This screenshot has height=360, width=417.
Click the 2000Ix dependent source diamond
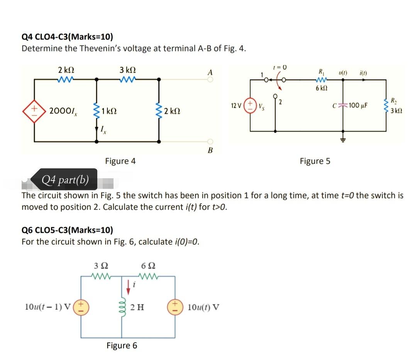point(34,110)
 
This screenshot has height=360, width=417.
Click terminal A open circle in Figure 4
point(210,79)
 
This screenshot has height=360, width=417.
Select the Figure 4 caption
point(120,161)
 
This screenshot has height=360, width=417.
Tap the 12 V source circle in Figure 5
point(251,105)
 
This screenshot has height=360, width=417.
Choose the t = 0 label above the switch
point(280,67)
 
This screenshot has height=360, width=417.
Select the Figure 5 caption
point(315,161)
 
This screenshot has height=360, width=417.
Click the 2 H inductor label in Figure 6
point(137,308)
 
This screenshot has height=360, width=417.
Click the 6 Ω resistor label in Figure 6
point(149,266)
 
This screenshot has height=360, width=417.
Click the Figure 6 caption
point(122,345)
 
